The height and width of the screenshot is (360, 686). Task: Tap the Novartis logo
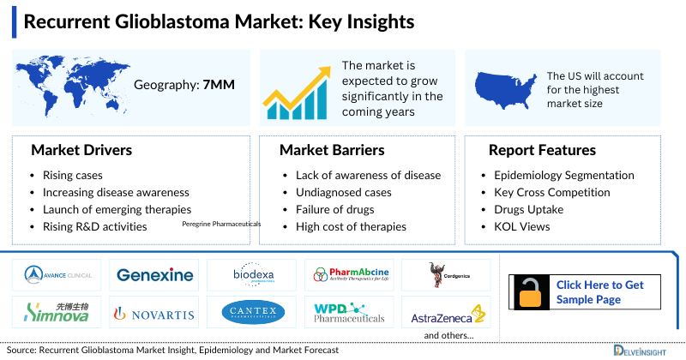click(x=154, y=314)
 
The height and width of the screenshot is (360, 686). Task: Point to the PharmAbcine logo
click(x=352, y=275)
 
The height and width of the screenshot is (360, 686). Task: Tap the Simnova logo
click(x=57, y=313)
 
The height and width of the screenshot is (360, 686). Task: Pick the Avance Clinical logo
click(x=57, y=275)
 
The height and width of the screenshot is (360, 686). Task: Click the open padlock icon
click(x=530, y=292)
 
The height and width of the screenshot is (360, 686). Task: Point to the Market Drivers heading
click(x=81, y=150)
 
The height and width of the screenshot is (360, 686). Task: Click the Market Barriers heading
click(x=332, y=150)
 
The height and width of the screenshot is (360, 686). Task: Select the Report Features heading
click(x=542, y=150)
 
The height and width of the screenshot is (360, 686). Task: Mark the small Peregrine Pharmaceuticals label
click(x=221, y=224)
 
